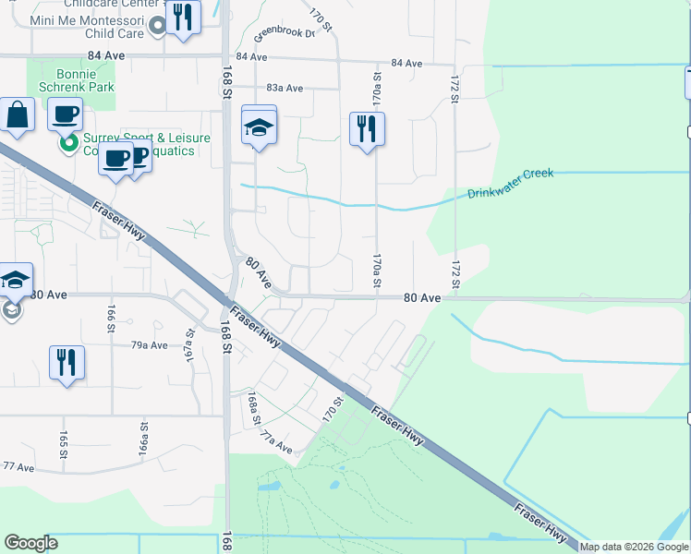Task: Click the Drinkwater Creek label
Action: pyautogui.click(x=510, y=183)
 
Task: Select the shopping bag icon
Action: pyautogui.click(x=18, y=115)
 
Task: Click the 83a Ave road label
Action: pyautogui.click(x=284, y=88)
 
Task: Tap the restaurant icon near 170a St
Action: pyautogui.click(x=367, y=129)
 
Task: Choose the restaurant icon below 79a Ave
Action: pyautogui.click(x=66, y=361)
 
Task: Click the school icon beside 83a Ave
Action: pyautogui.click(x=260, y=126)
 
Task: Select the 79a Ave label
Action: pyautogui.click(x=149, y=344)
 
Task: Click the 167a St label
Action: pyautogui.click(x=191, y=346)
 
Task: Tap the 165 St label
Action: pyautogui.click(x=64, y=444)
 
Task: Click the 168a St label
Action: pyautogui.click(x=251, y=408)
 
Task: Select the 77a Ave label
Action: pyautogui.click(x=276, y=442)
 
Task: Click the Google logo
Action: pyautogui.click(x=30, y=543)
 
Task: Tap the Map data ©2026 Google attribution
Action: pyautogui.click(x=634, y=547)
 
